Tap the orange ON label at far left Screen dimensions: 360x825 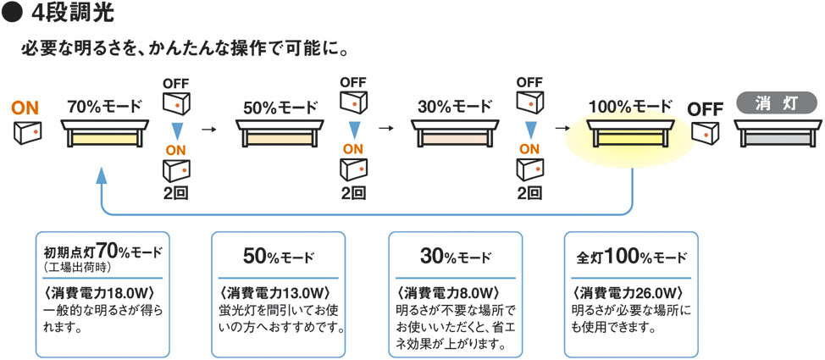25,108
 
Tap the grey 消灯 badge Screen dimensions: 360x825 776,102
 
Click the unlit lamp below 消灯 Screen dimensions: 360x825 777,134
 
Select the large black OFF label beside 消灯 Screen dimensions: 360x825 705,109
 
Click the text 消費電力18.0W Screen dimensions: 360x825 101,292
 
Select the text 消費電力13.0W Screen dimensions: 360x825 277,292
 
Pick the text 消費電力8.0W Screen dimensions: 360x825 452,292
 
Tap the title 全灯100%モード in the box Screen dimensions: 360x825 631,256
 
